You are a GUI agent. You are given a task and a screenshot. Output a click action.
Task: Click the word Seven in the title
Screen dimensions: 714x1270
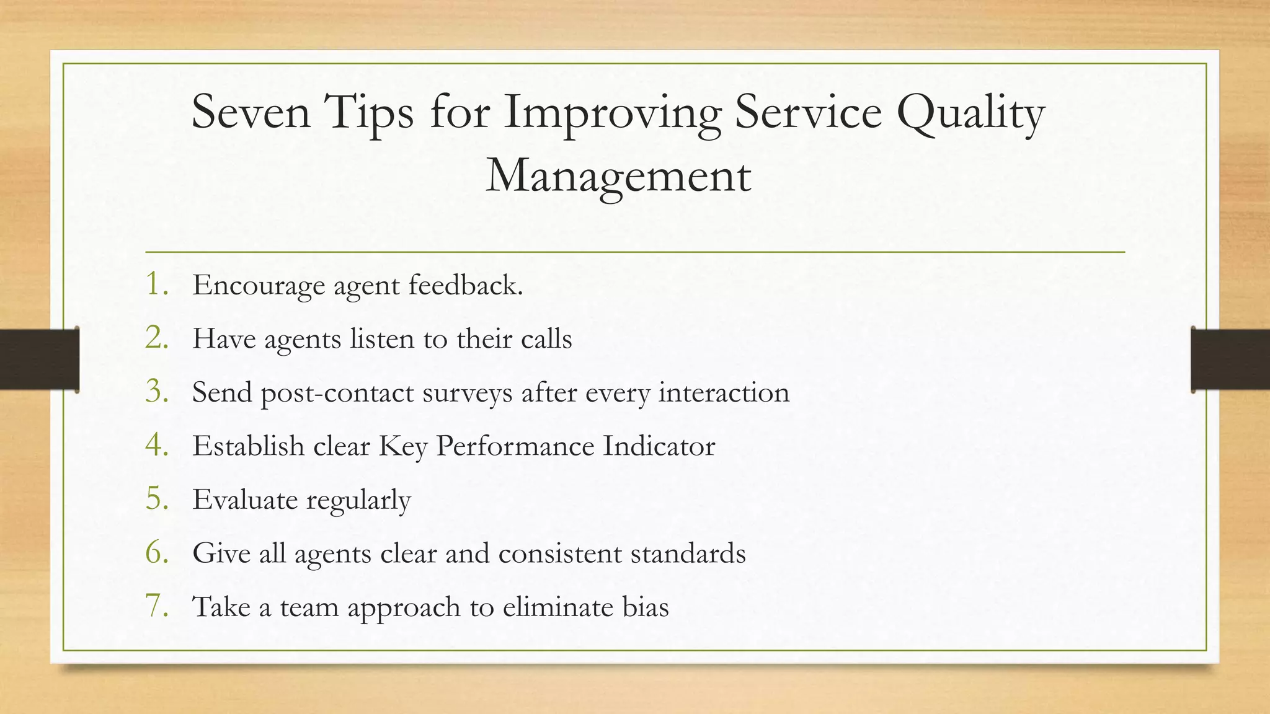coord(251,112)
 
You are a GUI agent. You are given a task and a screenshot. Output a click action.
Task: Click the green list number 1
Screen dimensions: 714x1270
coord(156,284)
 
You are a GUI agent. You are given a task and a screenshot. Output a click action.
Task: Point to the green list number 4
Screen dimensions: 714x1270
coord(157,444)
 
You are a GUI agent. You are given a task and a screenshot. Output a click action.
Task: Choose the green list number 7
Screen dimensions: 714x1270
coord(157,606)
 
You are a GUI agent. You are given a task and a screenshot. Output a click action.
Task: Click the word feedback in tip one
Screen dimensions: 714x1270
coord(466,285)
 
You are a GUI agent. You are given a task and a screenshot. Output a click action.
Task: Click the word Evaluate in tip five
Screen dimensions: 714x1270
coord(245,500)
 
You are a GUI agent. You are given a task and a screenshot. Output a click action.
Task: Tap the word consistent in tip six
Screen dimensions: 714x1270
coord(559,553)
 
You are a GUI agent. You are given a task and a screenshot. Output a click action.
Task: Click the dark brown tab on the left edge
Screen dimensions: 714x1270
coord(39,359)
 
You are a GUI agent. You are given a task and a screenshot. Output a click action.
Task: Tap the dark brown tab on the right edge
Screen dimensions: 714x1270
coord(1230,359)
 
